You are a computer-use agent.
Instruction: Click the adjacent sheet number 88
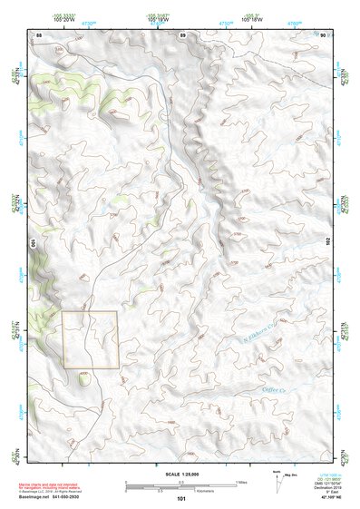(x=38, y=34)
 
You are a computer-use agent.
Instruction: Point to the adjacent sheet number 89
(x=182, y=34)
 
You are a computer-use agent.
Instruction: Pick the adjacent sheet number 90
(x=323, y=34)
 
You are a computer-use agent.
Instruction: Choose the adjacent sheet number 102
(x=332, y=243)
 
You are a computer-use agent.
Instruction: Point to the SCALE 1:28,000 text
(x=180, y=474)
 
